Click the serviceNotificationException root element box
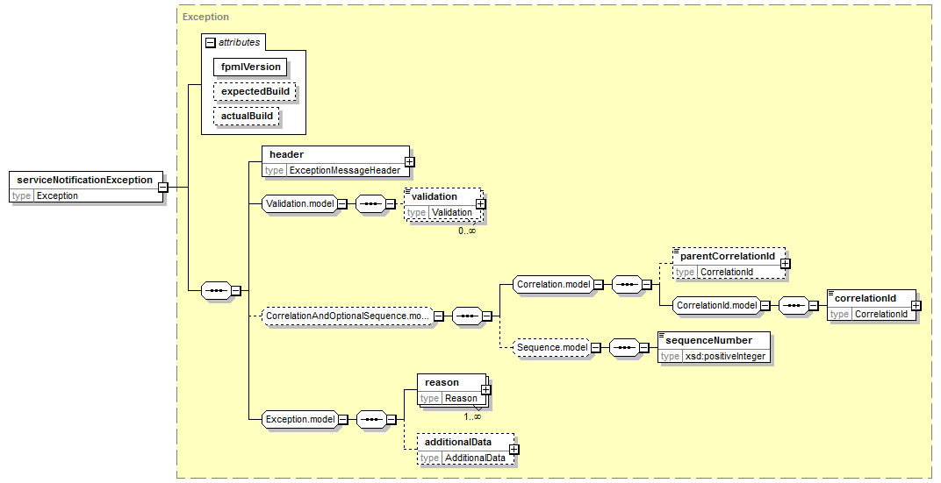pyautogui.click(x=86, y=187)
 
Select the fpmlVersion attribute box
pyautogui.click(x=251, y=67)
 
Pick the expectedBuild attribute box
pyautogui.click(x=255, y=92)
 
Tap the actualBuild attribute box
pyautogui.click(x=247, y=117)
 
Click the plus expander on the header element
pyautogui.click(x=409, y=162)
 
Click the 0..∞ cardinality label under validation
pyautogui.click(x=467, y=231)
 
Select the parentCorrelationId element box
pyautogui.click(x=729, y=264)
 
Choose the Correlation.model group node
pyautogui.click(x=553, y=285)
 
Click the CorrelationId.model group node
pyautogui.click(x=716, y=306)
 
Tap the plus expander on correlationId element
pyautogui.click(x=916, y=306)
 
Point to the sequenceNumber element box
pyautogui.click(x=715, y=348)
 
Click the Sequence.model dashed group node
pyautogui.click(x=552, y=348)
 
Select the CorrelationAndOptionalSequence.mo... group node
pyautogui.click(x=348, y=316)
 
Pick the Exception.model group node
pyautogui.click(x=300, y=420)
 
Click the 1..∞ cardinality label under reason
pyautogui.click(x=471, y=416)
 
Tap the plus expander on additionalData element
pyautogui.click(x=514, y=450)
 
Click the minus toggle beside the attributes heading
pyautogui.click(x=210, y=43)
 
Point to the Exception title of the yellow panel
pyautogui.click(x=205, y=17)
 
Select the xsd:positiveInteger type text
pyautogui.click(x=726, y=356)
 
